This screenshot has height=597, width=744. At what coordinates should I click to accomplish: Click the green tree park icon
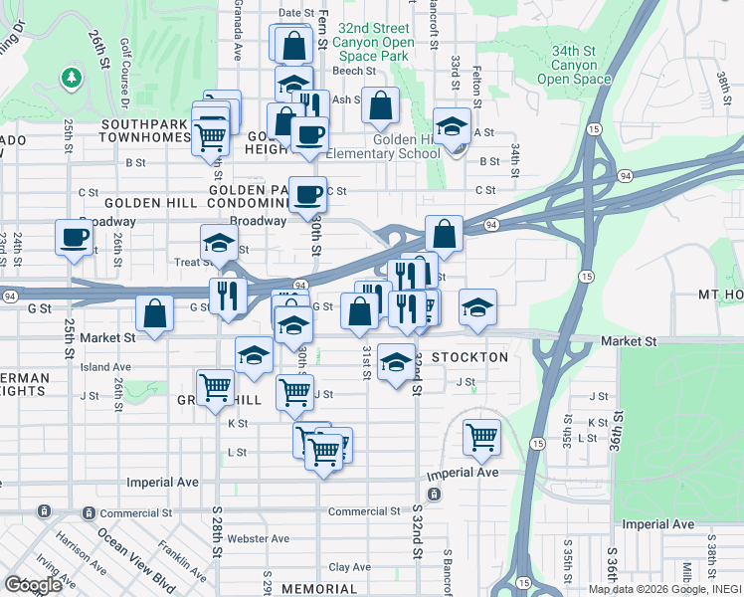tap(71, 76)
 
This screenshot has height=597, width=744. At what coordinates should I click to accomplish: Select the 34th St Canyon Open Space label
tap(574, 65)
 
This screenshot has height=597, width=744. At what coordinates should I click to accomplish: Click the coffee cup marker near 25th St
tap(75, 238)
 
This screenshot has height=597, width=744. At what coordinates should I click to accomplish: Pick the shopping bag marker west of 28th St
tap(154, 314)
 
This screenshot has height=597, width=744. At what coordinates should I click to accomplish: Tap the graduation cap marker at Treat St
tap(220, 243)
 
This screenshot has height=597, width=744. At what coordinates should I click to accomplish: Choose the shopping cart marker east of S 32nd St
tap(481, 435)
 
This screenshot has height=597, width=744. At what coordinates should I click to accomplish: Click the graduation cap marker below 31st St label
tap(396, 362)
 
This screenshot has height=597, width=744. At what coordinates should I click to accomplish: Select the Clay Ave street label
tap(349, 567)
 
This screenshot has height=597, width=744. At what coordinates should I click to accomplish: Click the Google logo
tap(33, 585)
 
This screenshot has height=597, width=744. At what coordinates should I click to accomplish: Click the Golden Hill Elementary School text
tap(383, 147)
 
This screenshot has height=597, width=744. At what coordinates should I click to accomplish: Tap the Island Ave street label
tap(106, 367)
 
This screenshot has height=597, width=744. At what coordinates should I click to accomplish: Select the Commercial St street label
tap(363, 511)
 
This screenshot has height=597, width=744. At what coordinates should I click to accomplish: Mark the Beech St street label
tap(354, 71)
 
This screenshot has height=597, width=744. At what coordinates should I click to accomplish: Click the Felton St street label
tap(477, 91)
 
